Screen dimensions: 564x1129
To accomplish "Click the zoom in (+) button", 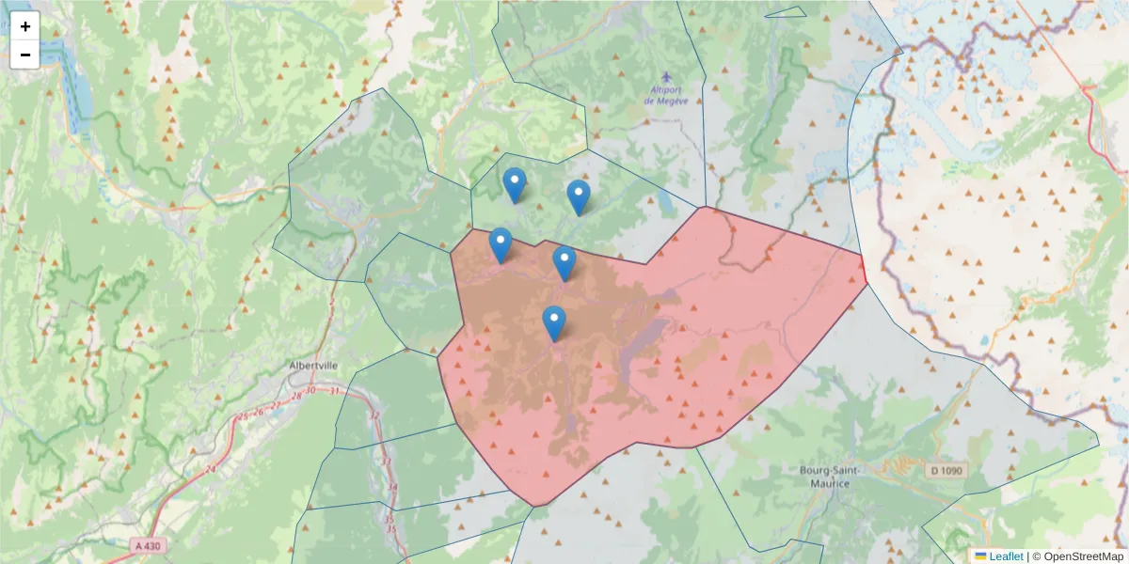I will point(25,26).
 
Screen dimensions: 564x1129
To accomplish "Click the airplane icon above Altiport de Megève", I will point(667,76).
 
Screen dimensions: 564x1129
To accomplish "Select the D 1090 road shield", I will point(948,470).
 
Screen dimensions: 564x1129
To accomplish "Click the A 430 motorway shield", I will point(147,545).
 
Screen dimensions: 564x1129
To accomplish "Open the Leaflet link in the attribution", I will point(1005,556).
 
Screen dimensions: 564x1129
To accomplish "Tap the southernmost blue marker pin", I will point(554,323).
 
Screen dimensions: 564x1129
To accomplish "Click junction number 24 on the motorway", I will point(209,468).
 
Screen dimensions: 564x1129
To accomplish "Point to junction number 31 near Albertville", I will point(333,390).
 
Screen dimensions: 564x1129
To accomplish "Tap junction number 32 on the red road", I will point(374,415).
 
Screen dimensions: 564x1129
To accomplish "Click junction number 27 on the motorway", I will point(276,406).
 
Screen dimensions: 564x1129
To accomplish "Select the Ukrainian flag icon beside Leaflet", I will point(980,556).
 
